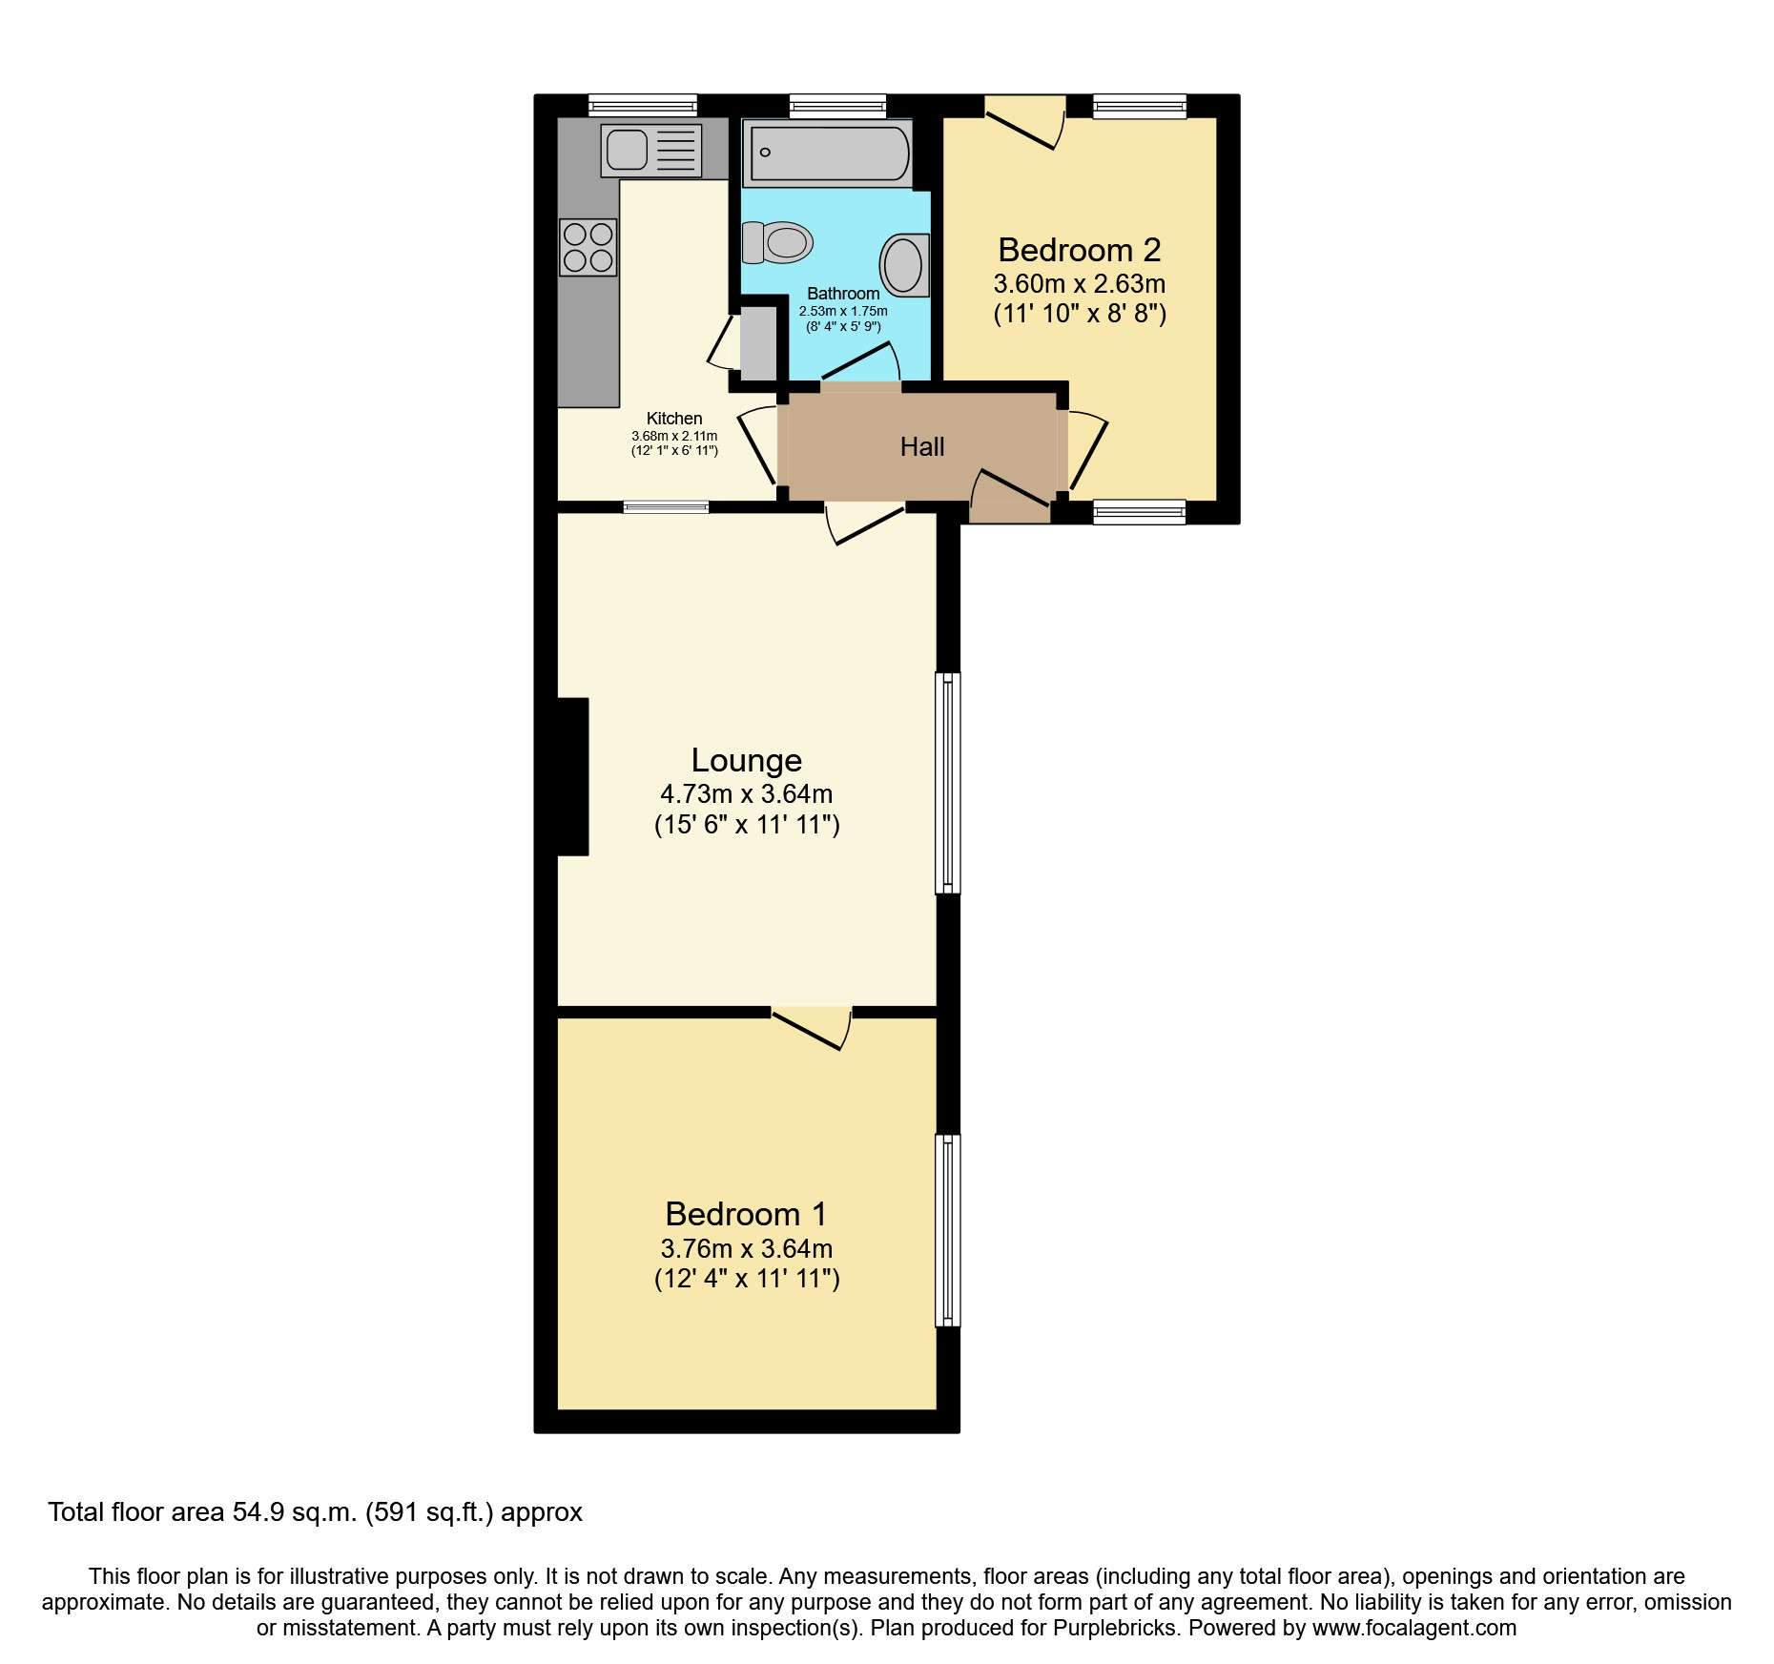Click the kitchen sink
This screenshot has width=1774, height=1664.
tap(650, 151)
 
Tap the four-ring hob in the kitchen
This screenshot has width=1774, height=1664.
tap(588, 247)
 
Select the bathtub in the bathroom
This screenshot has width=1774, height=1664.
tap(830, 154)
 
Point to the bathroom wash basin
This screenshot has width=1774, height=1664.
tap(903, 264)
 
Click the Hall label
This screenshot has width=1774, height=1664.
tap(922, 446)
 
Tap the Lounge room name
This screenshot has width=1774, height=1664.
tap(746, 760)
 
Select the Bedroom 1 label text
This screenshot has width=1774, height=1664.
tap(746, 1214)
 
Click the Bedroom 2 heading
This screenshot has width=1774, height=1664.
tap(1079, 250)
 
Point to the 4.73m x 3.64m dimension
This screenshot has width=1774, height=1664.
tap(746, 793)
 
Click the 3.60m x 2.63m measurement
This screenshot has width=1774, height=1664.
tap(1079, 284)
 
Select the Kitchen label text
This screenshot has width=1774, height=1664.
tap(674, 418)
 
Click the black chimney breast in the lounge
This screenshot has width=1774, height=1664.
tap(572, 776)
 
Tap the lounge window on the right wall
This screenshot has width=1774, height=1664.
tap(947, 782)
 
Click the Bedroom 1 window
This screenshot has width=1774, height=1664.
tap(947, 1230)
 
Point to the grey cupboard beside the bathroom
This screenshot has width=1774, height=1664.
tap(759, 341)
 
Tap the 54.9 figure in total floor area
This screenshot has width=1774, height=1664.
tap(258, 1512)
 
